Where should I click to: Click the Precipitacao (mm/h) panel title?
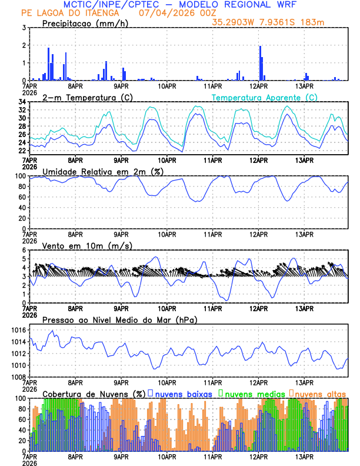(x=85, y=24)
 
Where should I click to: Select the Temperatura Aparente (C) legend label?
(x=265, y=98)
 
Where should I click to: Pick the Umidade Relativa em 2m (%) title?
(x=103, y=171)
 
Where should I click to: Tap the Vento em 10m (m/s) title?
(x=87, y=245)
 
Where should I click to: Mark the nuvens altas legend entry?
(x=320, y=394)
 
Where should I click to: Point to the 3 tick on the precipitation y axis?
(x=23, y=28)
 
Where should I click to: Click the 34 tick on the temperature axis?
(x=21, y=102)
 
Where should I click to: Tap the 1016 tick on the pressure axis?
(x=18, y=331)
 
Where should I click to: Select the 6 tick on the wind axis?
(x=23, y=250)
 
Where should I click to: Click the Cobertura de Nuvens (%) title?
(x=94, y=394)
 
